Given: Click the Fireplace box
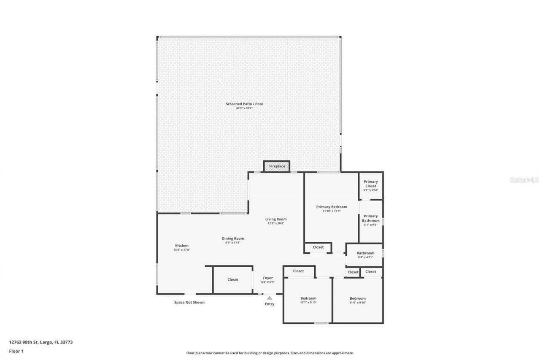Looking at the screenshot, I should click(x=277, y=166).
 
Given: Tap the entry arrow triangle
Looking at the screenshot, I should click(x=270, y=298).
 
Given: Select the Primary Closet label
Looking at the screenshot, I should click(x=371, y=184).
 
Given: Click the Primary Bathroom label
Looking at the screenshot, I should click(x=371, y=218).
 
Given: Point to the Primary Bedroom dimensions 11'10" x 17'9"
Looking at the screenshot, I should click(x=332, y=211).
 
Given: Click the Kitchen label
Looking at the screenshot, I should click(x=182, y=246).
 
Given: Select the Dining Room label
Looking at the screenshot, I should click(x=233, y=238).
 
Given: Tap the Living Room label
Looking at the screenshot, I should click(x=276, y=219).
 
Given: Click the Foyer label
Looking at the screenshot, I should click(x=268, y=278).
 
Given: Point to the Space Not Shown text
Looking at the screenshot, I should click(x=189, y=302).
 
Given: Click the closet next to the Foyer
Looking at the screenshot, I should click(x=233, y=279).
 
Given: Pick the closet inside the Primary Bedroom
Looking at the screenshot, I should click(x=318, y=247).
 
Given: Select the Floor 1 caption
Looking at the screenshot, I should click(x=16, y=351).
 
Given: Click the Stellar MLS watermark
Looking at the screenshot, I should click(x=524, y=180).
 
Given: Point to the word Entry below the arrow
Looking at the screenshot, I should click(x=270, y=304).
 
